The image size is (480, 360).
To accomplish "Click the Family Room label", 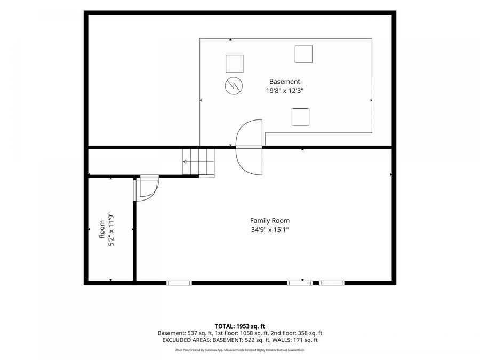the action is click(270, 220).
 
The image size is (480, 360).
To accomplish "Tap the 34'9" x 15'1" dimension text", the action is click(270, 229).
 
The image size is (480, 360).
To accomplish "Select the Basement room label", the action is click(284, 82).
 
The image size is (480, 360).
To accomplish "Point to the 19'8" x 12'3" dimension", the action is click(285, 91).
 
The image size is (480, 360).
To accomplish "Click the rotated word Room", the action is click(102, 229).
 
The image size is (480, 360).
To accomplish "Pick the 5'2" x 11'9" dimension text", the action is click(111, 229).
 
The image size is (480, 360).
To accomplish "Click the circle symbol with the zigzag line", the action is click(234, 86).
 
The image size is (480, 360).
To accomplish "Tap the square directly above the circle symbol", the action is click(235, 64).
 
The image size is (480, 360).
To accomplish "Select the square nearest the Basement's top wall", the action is click(303, 54).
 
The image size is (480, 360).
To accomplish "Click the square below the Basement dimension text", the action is click(300, 117).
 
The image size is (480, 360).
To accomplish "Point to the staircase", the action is click(198, 162).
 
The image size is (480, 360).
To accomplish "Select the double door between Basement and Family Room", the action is click(249, 147).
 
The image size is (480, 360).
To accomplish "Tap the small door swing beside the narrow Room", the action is click(146, 188).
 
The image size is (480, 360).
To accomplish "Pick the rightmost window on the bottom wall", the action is click(332, 283).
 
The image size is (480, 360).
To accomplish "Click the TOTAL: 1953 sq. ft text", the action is click(239, 326).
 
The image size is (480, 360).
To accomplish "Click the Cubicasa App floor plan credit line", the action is click(239, 350).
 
